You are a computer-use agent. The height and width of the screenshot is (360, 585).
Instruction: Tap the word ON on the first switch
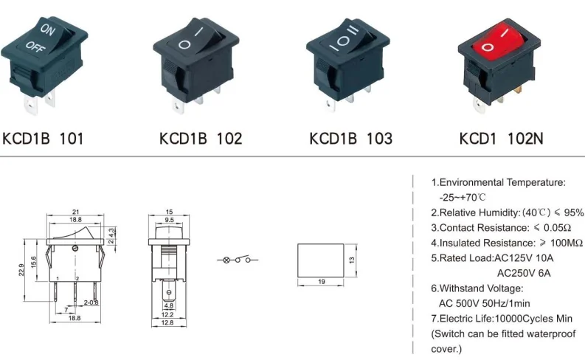pos(47,30)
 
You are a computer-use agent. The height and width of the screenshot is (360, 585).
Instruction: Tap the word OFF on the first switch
pos(34,46)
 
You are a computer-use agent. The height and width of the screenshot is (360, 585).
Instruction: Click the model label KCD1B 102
pos(201,138)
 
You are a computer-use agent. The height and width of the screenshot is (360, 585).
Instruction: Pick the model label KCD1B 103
pos(350,138)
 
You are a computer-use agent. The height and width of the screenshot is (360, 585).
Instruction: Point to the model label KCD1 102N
pos(501,138)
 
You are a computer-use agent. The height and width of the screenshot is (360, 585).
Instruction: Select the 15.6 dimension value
pos(33,262)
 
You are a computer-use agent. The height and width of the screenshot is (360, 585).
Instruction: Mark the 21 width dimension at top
pos(75,212)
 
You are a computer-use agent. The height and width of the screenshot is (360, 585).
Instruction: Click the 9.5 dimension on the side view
pos(169,220)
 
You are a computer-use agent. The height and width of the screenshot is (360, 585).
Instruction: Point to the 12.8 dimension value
pos(168,322)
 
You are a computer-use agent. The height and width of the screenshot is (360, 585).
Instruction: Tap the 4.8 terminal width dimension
pos(168,305)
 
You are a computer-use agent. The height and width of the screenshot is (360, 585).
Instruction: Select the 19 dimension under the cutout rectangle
pos(322,282)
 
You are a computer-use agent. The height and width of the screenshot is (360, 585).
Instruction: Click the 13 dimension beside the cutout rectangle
pos(353,260)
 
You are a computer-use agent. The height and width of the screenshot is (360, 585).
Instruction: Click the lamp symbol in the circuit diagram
pos(227,260)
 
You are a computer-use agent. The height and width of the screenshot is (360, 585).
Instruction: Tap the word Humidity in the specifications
pos(496,212)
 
